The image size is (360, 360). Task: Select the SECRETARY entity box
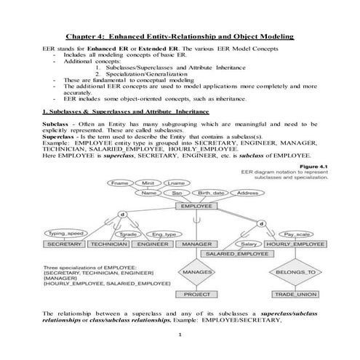pyautogui.click(x=64, y=244)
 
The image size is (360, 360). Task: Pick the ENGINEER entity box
pyautogui.click(x=152, y=244)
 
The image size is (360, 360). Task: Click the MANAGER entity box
pyautogui.click(x=196, y=244)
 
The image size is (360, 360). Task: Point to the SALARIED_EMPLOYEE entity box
pyautogui.click(x=236, y=255)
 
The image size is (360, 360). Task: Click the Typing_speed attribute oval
pyautogui.click(x=65, y=233)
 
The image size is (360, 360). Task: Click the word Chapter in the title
pyautogui.click(x=82, y=34)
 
